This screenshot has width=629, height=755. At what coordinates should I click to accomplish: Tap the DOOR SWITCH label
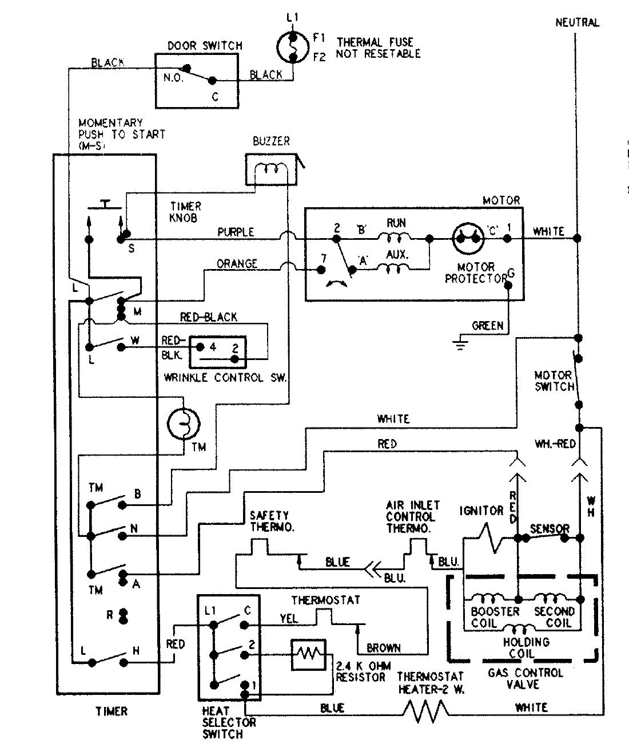click(x=205, y=45)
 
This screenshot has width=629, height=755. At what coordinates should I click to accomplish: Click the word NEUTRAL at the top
click(x=577, y=23)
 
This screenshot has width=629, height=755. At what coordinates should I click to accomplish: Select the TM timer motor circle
click(x=184, y=423)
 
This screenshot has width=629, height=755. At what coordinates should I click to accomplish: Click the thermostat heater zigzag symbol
click(x=427, y=710)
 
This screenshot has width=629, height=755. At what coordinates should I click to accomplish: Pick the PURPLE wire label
click(x=236, y=232)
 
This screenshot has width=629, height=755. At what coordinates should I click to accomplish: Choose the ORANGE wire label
click(x=237, y=264)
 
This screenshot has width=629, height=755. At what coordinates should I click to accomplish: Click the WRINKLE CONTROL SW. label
click(x=225, y=378)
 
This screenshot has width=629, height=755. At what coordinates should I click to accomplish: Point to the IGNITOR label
click(x=481, y=511)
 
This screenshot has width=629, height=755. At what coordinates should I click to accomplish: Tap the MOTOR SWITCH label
click(x=554, y=381)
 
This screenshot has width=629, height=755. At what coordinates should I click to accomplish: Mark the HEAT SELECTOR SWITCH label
click(x=229, y=722)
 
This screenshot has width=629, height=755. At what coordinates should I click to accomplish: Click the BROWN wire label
click(x=383, y=648)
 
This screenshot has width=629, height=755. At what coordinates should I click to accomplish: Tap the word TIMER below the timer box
click(x=112, y=711)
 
